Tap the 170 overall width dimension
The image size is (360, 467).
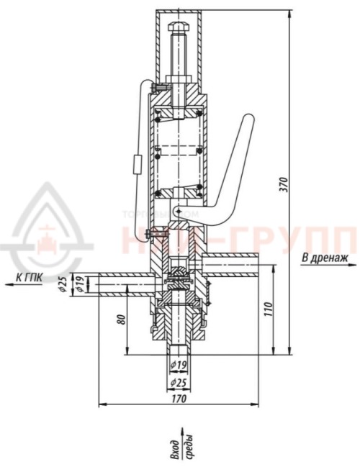pyautogui.click(x=178, y=396)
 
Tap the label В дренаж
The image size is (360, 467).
pyautogui.click(x=325, y=257)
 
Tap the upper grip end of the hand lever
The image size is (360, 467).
pyautogui.click(x=247, y=121)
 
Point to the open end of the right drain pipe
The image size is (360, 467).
pyautogui.click(x=256, y=263)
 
